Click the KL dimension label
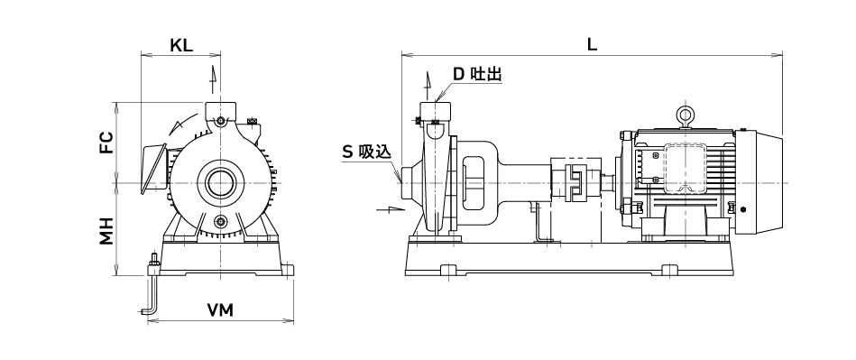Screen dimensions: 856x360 click(181, 45)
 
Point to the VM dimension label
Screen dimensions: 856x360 click(220, 310)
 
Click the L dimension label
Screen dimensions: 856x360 click(592, 45)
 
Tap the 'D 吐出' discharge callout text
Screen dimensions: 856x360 click(478, 74)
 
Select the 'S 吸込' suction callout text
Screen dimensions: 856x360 click(367, 152)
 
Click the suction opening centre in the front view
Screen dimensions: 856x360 click(220, 182)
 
